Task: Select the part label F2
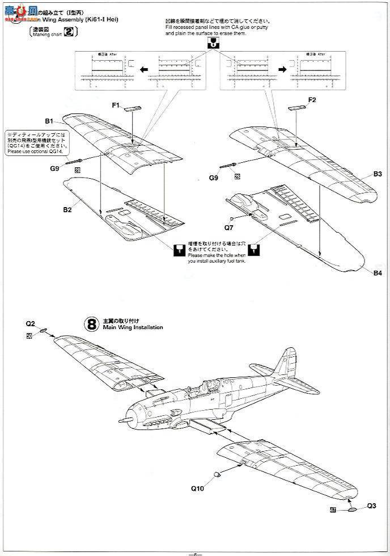tap(312, 100)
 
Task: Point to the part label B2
tap(67, 210)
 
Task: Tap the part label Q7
tap(228, 228)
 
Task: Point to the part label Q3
tap(372, 506)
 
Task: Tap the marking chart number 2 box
tap(69, 32)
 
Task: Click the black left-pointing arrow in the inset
tap(144, 69)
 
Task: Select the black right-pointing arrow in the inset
tap(282, 69)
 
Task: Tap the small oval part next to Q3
tap(352, 510)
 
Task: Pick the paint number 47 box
tap(333, 510)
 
